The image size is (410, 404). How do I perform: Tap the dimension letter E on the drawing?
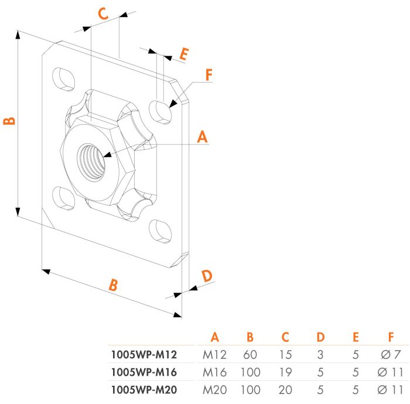[183, 54]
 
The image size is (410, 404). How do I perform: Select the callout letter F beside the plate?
[209, 76]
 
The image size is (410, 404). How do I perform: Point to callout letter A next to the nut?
[202, 137]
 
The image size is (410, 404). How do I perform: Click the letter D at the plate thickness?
[207, 276]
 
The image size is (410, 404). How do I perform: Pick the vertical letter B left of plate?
[9, 122]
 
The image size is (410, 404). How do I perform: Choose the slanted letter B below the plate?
[114, 285]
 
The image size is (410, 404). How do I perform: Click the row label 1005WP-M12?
[143, 354]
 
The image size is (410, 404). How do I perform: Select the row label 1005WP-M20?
[143, 388]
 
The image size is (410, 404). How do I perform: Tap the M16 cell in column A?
[214, 371]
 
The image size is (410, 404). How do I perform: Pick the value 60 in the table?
[250, 354]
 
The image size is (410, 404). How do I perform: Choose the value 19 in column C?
[285, 371]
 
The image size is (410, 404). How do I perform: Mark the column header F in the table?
[391, 337]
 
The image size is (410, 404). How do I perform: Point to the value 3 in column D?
[320, 354]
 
